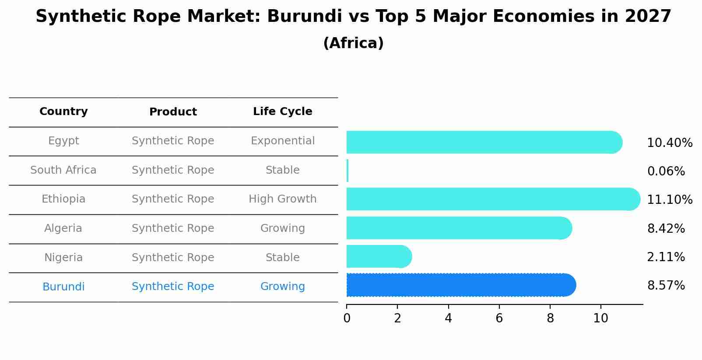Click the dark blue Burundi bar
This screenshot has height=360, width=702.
pos(460,285)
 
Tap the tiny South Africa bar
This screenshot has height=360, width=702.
pos(347,171)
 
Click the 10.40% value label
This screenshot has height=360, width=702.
pos(669,143)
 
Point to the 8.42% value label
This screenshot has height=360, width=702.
pos(666,229)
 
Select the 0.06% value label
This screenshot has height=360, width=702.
pos(666,171)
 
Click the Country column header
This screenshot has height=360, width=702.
pos(63,112)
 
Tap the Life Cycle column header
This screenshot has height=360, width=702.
pos(282,112)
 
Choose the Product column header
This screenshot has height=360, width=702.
pos(173,112)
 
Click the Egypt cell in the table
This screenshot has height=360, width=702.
pos(63,141)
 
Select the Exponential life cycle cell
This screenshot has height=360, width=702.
pos(282,141)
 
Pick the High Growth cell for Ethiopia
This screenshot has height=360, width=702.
pos(282,199)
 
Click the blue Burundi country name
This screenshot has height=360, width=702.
pos(63,287)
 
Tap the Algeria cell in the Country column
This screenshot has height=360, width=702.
pos(63,228)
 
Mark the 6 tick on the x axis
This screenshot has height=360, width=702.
pos(499,318)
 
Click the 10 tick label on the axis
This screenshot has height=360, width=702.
pos(600,318)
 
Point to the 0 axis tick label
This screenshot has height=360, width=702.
pos(347,318)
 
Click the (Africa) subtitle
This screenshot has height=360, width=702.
pos(353,43)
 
